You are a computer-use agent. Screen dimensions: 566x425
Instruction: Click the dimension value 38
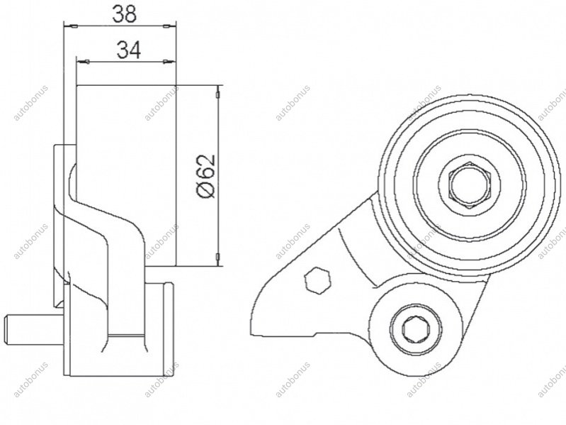[x=125, y=14]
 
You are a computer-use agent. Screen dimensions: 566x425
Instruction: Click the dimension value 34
[x=129, y=50]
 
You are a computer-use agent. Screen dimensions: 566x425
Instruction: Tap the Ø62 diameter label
[x=206, y=177]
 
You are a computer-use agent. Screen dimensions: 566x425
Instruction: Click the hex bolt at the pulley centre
[x=470, y=184]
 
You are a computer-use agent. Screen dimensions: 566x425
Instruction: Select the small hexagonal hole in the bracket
[x=317, y=281]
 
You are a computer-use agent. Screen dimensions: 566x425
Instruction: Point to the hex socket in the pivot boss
[x=416, y=329]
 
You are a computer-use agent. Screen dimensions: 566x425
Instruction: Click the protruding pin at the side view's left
[x=34, y=329]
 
